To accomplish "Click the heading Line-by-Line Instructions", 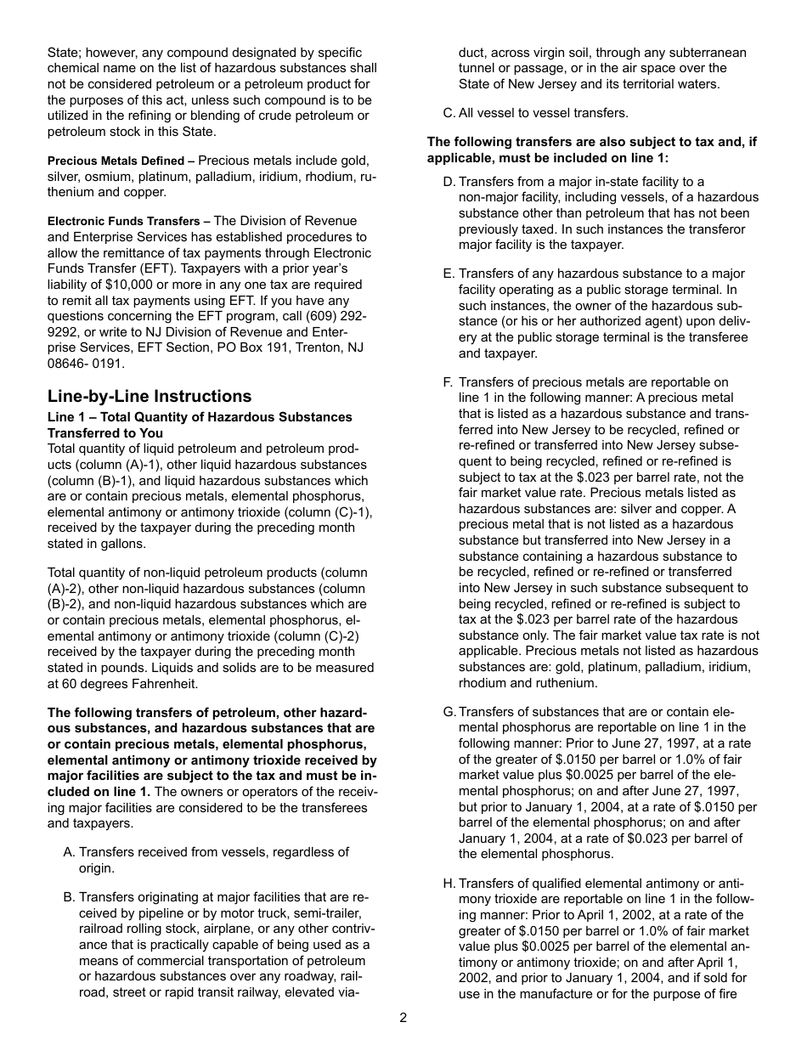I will (x=150, y=397).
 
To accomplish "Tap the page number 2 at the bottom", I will (x=403, y=1018).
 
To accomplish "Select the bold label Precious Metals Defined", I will (x=116, y=161).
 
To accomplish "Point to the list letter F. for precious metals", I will (x=448, y=382).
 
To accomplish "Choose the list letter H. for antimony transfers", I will (x=449, y=884).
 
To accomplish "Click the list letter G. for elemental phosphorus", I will (x=449, y=712).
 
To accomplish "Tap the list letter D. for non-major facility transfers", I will (x=449, y=182).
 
